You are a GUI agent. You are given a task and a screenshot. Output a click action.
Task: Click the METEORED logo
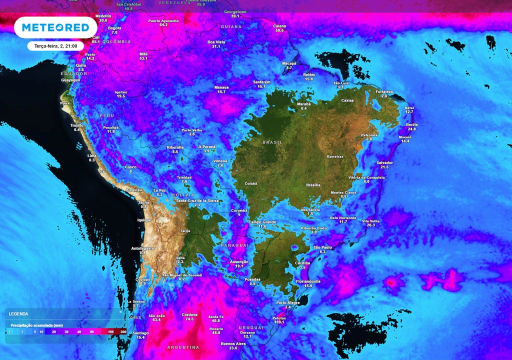55,27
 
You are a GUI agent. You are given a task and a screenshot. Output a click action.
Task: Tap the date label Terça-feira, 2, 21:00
55,46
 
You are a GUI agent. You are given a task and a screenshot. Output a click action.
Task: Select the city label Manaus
221,87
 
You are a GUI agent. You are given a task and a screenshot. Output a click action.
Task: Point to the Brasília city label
313,185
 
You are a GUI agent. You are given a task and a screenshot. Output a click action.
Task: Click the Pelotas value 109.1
279,322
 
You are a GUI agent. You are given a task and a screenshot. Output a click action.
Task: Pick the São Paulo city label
323,247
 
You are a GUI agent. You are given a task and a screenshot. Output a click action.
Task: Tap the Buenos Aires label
233,343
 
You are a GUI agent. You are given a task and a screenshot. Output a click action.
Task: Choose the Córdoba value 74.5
189,319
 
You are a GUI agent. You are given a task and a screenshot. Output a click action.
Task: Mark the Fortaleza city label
384,91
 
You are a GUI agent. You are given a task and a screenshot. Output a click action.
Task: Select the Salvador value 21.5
385,167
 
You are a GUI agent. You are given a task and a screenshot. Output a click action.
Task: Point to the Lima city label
92,156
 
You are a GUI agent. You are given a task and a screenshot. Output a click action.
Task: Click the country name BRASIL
272,142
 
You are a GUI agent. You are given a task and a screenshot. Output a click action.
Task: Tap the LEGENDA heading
19,314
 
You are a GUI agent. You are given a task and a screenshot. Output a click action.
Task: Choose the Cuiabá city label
250,183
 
